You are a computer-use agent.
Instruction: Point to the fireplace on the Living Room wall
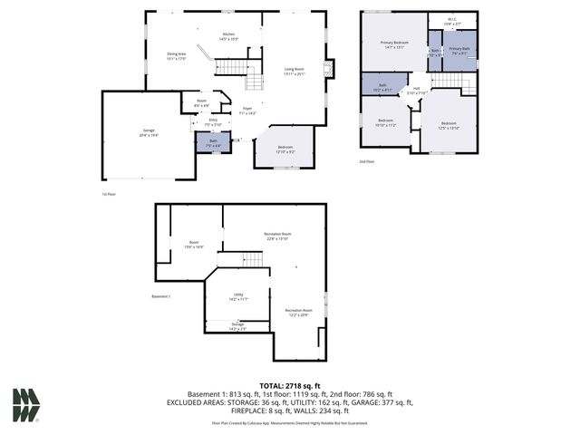coord(329,69)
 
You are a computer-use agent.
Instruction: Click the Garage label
coord(148,132)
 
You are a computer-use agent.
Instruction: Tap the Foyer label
coord(246,111)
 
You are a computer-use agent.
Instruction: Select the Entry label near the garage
coord(213,121)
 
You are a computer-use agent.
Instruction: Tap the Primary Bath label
coord(459,51)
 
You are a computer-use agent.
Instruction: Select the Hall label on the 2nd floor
coord(416,90)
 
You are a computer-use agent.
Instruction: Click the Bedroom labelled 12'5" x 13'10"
coord(449,125)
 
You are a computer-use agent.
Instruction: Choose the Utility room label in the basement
coord(239,296)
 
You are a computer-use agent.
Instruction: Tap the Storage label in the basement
coord(237,325)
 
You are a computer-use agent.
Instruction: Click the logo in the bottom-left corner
coord(25,405)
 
